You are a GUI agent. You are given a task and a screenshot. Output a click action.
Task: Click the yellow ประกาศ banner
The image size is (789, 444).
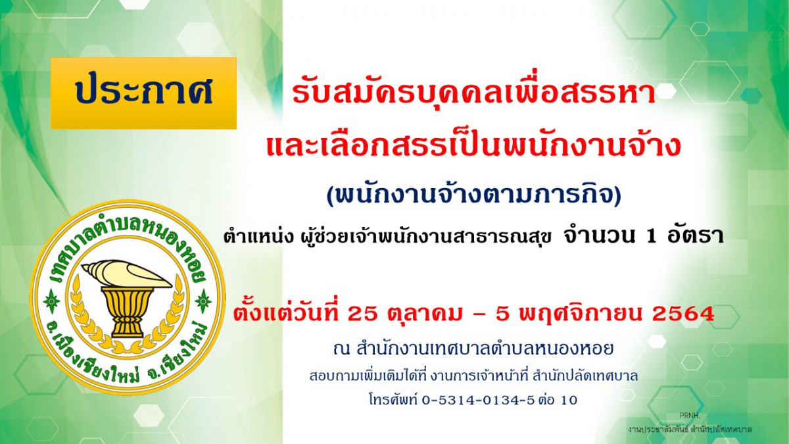(143, 93)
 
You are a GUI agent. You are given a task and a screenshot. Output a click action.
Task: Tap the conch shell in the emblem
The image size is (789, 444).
(127, 274)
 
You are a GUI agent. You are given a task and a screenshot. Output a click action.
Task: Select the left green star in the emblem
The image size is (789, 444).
(51, 302)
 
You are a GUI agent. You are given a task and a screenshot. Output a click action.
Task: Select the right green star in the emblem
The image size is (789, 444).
(203, 302)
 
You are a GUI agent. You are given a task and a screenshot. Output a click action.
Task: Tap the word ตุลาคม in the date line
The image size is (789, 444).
(423, 314)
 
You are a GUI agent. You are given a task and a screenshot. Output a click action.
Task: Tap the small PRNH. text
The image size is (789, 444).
(690, 416)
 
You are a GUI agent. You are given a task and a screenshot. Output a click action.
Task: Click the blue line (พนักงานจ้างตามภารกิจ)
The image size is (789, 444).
(474, 196)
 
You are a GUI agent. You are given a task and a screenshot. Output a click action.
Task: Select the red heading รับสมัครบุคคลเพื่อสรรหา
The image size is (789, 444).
(474, 93)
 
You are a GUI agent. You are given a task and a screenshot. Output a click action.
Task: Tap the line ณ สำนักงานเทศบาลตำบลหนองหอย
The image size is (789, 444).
(474, 349)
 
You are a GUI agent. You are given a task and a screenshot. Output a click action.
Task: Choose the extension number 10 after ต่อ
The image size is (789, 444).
(568, 401)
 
